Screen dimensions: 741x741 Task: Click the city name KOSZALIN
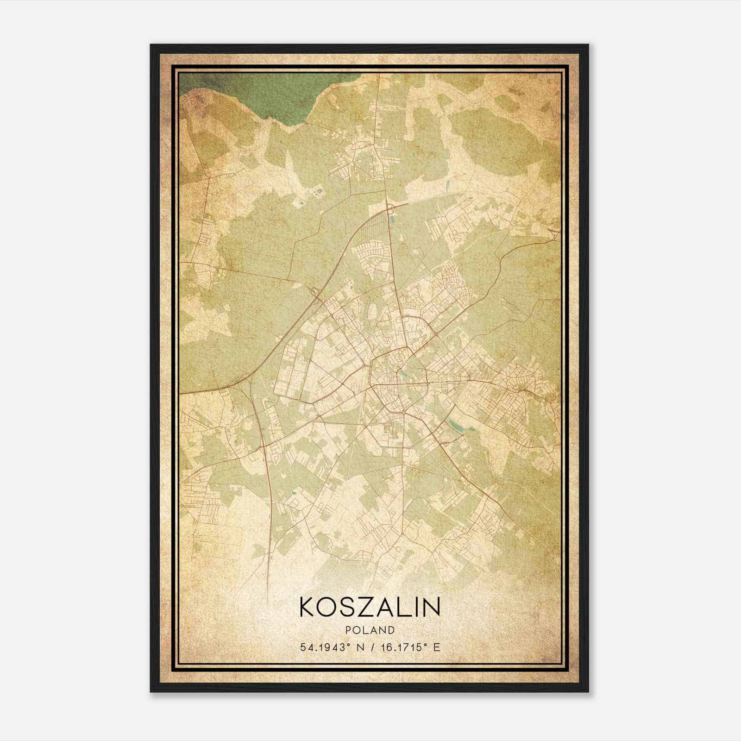pyautogui.click(x=370, y=607)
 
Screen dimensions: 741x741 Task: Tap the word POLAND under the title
pyautogui.click(x=370, y=630)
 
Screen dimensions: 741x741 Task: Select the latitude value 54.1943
pyautogui.click(x=323, y=647)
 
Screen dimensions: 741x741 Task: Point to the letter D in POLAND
pyautogui.click(x=392, y=630)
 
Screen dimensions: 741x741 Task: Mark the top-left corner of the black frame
pyautogui.click(x=151, y=45)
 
